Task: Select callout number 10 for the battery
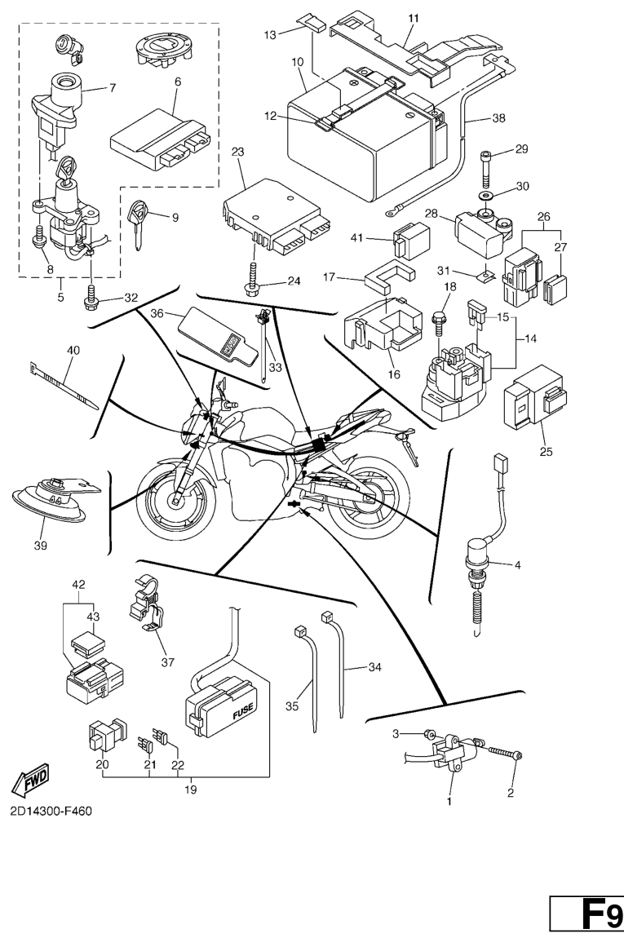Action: tap(297, 62)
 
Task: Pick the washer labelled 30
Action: tap(489, 197)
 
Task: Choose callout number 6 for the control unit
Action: tap(177, 82)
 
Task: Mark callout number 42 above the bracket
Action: tap(78, 584)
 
